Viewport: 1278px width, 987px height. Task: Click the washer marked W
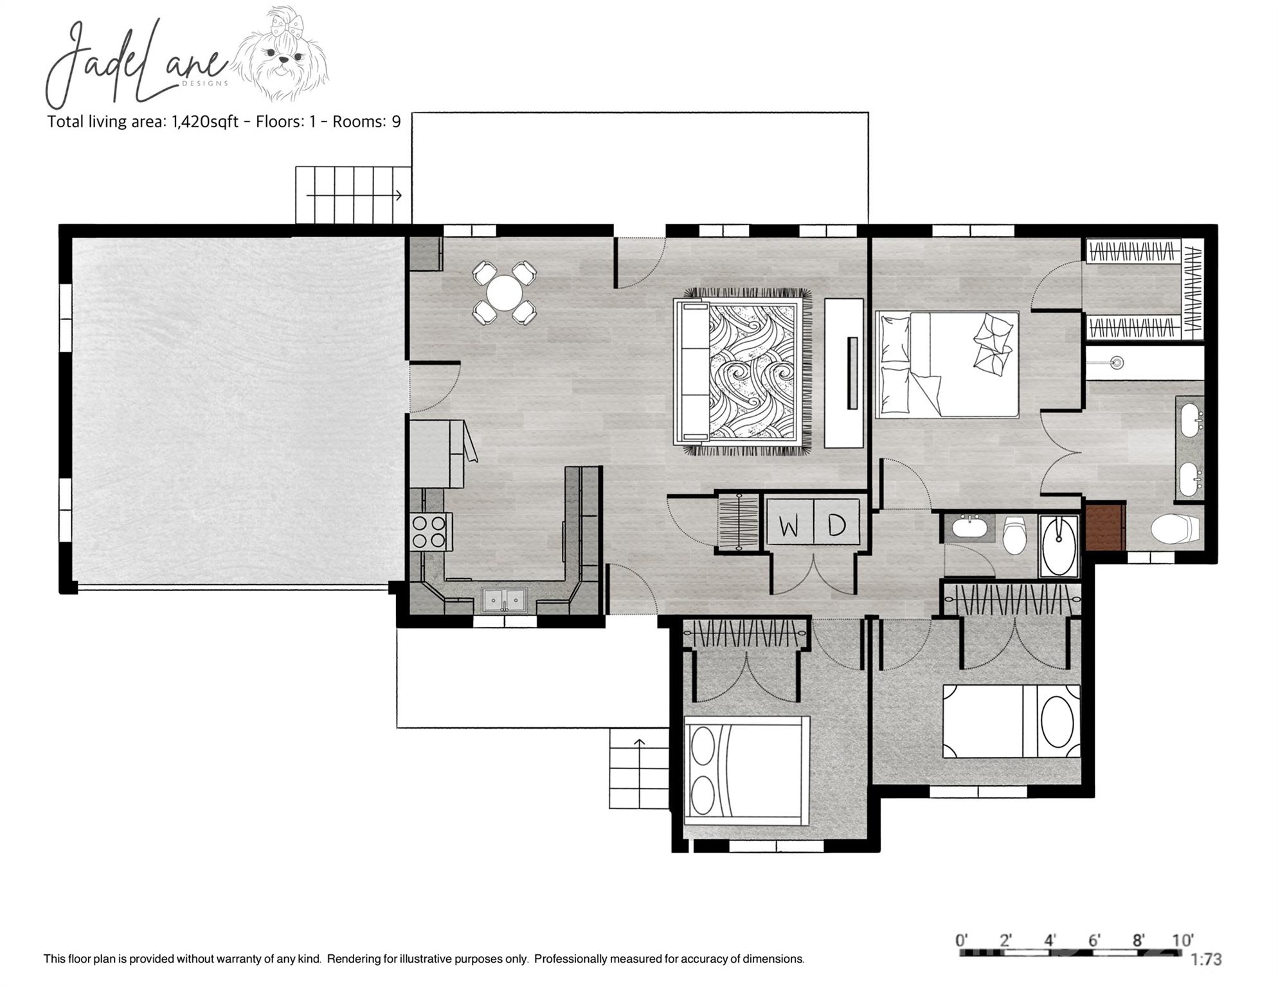(789, 525)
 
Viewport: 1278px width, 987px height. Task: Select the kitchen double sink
(505, 601)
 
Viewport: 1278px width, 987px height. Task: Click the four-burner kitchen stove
(429, 531)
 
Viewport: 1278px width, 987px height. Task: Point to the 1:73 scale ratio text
(1206, 959)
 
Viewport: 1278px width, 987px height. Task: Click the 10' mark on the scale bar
(1182, 940)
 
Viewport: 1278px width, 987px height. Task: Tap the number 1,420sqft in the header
(204, 121)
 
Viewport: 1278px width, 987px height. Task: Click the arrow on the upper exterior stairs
(399, 195)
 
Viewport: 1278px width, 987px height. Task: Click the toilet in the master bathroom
(1175, 529)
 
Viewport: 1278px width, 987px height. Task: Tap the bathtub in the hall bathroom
(1059, 537)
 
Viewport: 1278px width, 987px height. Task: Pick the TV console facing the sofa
(844, 373)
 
